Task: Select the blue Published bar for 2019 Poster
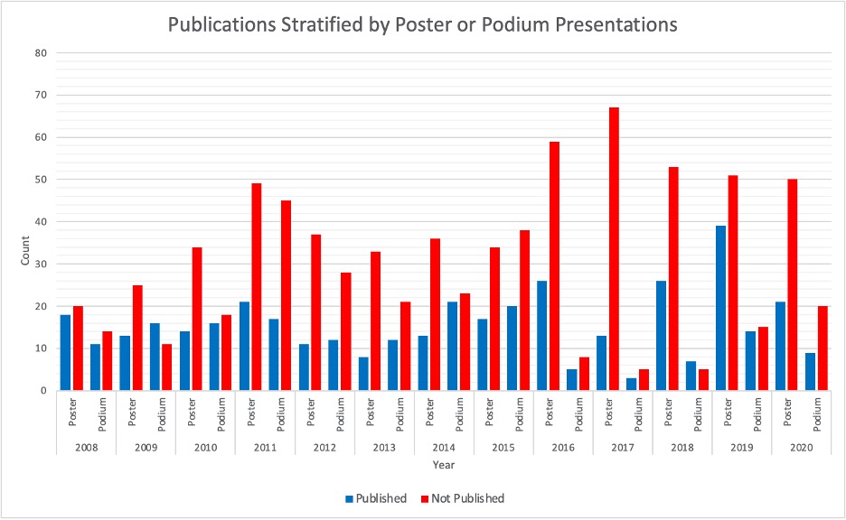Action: click(x=720, y=308)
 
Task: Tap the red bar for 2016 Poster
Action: click(x=554, y=265)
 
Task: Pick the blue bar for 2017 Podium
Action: click(x=631, y=384)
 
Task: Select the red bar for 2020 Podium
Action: click(x=822, y=348)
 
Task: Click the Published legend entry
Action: click(x=375, y=498)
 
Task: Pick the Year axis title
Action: click(x=443, y=466)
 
